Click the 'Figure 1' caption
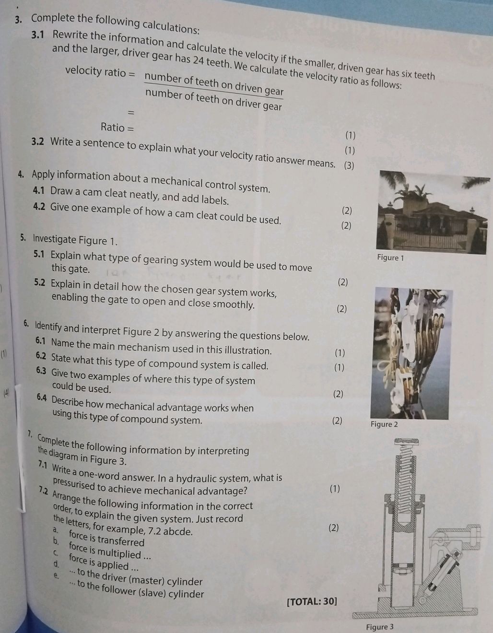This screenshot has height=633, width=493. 391,258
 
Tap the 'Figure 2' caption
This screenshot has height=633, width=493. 384,424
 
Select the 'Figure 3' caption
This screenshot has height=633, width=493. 379,626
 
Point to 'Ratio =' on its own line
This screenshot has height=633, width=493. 117,127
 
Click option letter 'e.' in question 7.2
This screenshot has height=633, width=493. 56,575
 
